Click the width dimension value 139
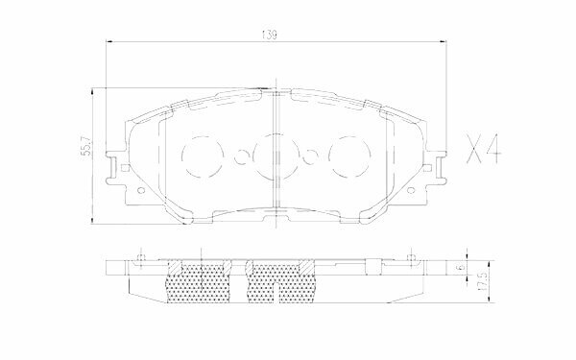(x=271, y=36)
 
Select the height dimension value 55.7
(x=84, y=146)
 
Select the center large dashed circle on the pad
(x=273, y=155)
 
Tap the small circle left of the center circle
(x=236, y=156)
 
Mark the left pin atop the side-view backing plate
(x=140, y=256)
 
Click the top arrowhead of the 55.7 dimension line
(x=92, y=90)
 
